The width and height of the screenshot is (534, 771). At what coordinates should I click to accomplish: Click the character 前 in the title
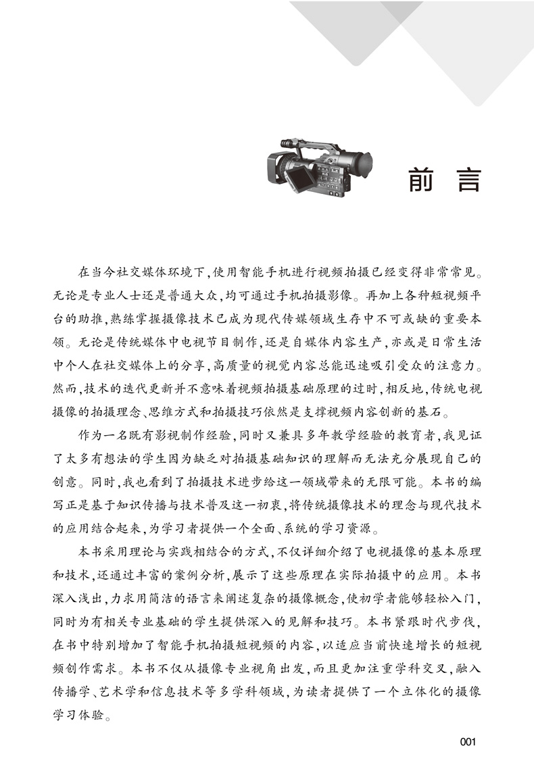(x=426, y=179)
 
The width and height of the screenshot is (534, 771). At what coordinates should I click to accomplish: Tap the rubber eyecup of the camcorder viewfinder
(x=369, y=166)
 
